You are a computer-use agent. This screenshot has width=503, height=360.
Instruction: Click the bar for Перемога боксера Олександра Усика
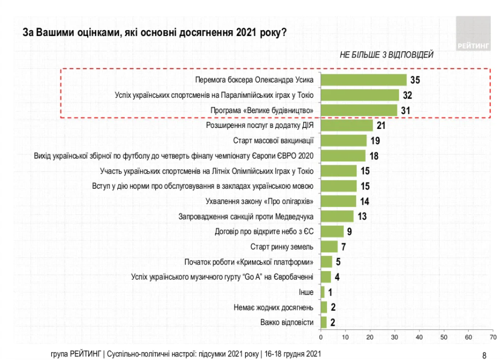(x=364, y=80)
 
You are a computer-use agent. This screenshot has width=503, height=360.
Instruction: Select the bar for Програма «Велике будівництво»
(x=359, y=110)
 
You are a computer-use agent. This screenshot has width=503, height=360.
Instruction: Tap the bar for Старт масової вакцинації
(x=343, y=141)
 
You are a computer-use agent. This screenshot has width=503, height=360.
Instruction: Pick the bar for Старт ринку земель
(x=329, y=247)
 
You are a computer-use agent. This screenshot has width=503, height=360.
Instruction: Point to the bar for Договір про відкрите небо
(x=332, y=232)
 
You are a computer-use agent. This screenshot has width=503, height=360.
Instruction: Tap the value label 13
(x=361, y=216)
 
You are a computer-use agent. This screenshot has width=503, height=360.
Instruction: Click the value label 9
(x=350, y=232)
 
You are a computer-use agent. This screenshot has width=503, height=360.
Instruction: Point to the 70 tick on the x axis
(x=492, y=336)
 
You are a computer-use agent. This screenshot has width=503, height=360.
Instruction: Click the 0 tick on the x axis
(x=321, y=336)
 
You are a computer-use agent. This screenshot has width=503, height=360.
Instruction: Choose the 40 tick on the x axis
(x=419, y=336)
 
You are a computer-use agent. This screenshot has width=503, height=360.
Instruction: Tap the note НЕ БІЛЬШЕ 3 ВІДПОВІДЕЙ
(x=386, y=55)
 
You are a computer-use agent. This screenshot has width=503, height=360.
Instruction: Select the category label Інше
(x=306, y=292)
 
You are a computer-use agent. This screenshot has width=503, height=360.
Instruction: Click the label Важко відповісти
(x=287, y=322)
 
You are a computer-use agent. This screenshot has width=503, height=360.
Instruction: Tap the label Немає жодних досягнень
(x=274, y=307)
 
